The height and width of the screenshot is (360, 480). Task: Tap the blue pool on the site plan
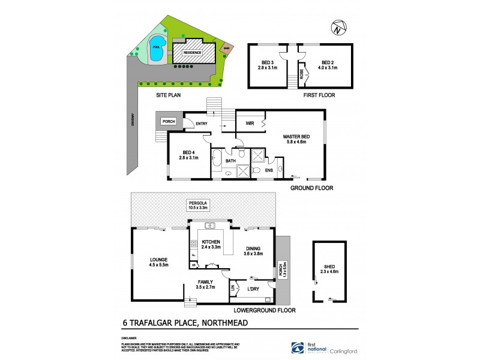(x=157, y=52)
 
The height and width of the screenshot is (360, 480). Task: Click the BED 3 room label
(x=267, y=62)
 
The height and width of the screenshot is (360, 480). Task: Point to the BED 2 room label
(x=327, y=62)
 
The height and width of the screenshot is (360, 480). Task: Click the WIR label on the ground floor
(x=250, y=123)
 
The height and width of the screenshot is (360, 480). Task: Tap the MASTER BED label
(x=295, y=136)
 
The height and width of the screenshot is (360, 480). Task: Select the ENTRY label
(x=202, y=124)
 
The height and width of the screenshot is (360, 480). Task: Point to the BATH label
(x=230, y=161)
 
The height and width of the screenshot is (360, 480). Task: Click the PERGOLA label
(x=197, y=205)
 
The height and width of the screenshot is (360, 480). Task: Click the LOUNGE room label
(x=150, y=259)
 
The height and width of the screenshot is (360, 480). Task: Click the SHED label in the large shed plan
(x=329, y=268)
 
